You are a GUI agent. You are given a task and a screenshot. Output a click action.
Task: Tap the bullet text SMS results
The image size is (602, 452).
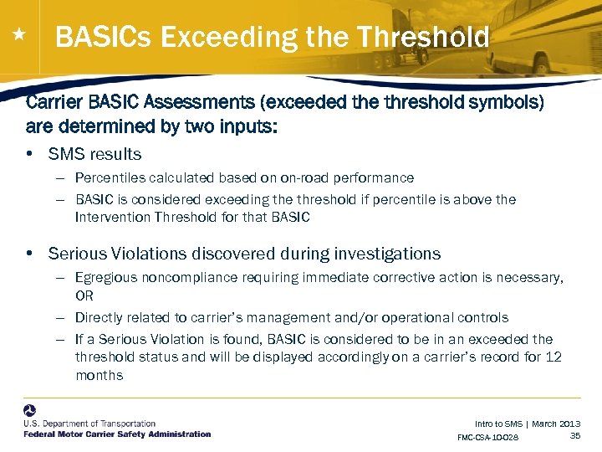point(94,154)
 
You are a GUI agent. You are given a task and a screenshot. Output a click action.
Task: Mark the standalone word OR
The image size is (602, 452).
point(84,295)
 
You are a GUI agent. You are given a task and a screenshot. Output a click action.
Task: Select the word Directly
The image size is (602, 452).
point(99,317)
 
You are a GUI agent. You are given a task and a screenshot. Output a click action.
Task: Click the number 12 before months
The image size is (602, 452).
point(553,357)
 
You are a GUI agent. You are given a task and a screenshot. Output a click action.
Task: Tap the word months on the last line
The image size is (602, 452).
point(99,375)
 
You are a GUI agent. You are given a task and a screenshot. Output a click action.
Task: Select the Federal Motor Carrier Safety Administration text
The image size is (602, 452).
point(117,434)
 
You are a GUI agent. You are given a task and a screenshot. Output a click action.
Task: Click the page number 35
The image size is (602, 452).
point(574,435)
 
